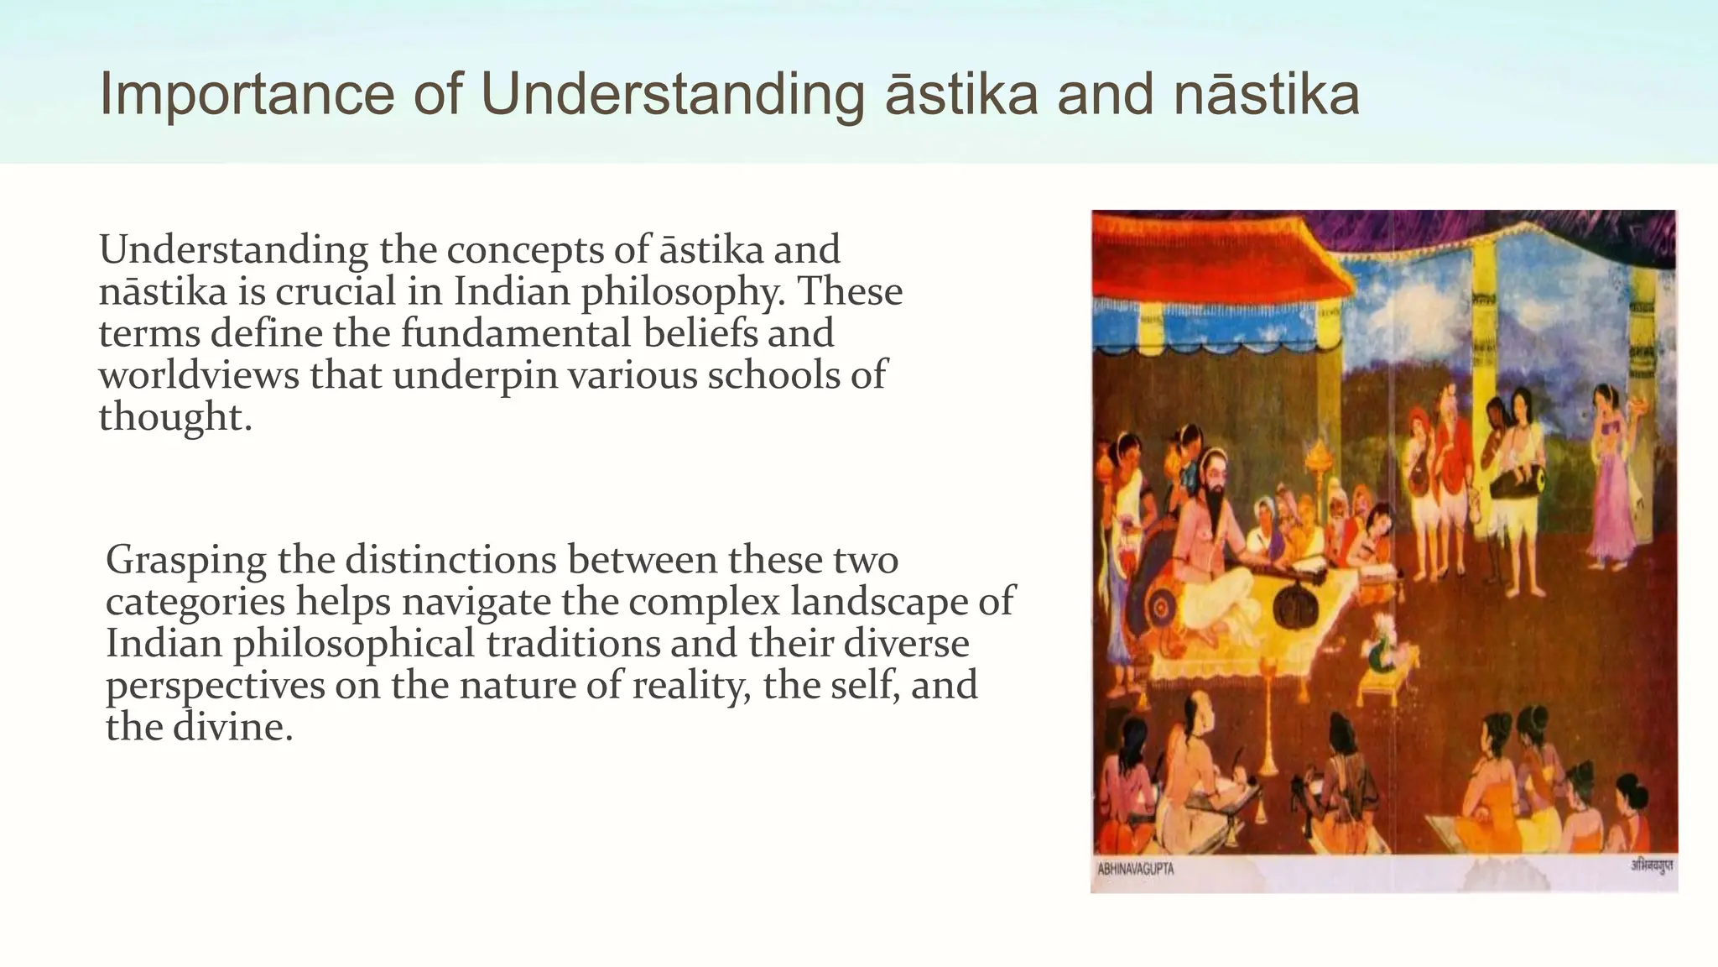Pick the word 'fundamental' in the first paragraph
[516, 332]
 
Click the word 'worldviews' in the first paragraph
[199, 374]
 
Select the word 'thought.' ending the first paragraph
[175, 417]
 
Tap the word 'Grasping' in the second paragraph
[186, 561]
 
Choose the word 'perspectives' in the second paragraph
[215, 686]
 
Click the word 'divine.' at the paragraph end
[232, 727]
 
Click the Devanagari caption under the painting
[1651, 865]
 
